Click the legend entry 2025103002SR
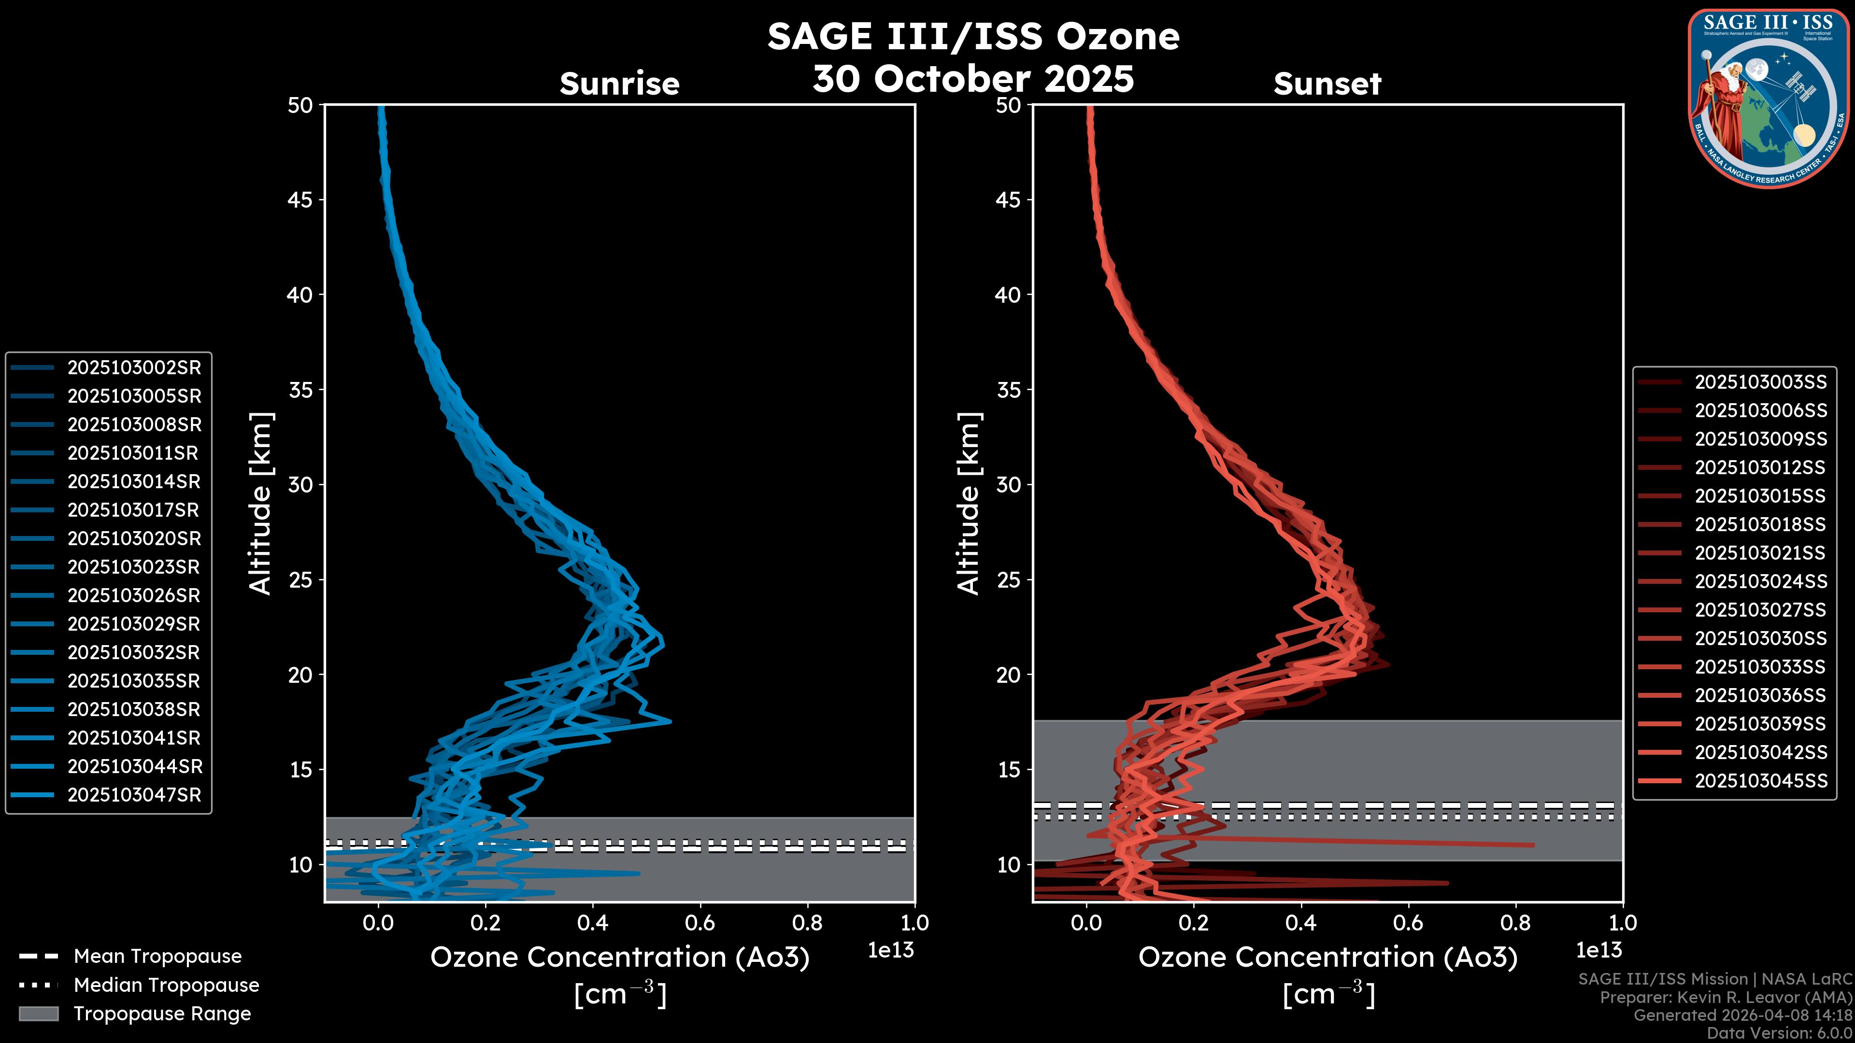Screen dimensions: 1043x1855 pyautogui.click(x=134, y=368)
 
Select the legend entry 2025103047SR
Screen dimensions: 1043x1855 pyautogui.click(x=134, y=795)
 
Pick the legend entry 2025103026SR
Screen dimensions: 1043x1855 pyautogui.click(x=134, y=596)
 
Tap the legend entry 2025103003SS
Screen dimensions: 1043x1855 pyautogui.click(x=1761, y=382)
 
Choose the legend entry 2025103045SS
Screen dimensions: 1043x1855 pyautogui.click(x=1761, y=781)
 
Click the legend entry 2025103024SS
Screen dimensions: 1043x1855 pyautogui.click(x=1761, y=581)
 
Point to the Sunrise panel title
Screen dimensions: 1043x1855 pyautogui.click(x=619, y=84)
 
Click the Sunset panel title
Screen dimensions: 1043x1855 pyautogui.click(x=1327, y=84)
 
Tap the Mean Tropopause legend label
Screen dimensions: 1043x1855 pyautogui.click(x=157, y=957)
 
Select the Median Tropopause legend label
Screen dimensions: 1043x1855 pyautogui.click(x=166, y=986)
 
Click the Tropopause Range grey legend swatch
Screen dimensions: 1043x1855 pyautogui.click(x=38, y=1014)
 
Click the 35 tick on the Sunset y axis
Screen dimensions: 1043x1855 pyautogui.click(x=1009, y=390)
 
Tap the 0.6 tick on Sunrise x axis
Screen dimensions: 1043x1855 pyautogui.click(x=700, y=923)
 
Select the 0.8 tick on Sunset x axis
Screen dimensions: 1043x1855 pyautogui.click(x=1516, y=923)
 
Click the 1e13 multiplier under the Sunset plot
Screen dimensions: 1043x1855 pyautogui.click(x=1598, y=951)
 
